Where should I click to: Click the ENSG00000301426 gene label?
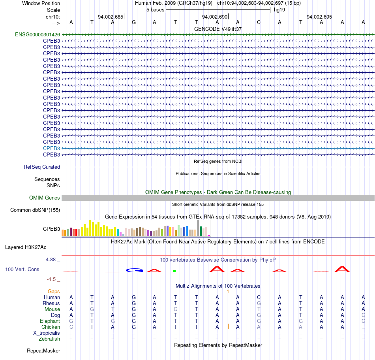pos(37,34)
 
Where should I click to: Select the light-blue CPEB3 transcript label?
pos(51,148)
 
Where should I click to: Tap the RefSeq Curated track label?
pos(42,167)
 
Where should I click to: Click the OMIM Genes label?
pos(44,198)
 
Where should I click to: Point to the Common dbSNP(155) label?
pos(35,210)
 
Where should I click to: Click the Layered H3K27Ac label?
pos(26,247)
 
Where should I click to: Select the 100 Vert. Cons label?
pos(22,269)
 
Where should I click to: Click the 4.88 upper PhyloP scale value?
pos(51,260)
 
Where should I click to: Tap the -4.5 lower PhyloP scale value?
pos(51,279)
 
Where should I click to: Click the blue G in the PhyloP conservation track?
pos(134,270)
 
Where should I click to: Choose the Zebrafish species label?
pos(49,339)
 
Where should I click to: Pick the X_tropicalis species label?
pos(47,333)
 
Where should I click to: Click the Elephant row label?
pos(50,321)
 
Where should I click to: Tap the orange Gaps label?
pos(54,291)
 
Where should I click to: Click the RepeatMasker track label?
pos(43,351)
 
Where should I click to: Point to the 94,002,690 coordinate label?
pos(215,17)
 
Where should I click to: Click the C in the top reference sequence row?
pos(259,22)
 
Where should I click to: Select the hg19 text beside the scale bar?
pos(279,10)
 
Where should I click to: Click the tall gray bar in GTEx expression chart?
pos(198,228)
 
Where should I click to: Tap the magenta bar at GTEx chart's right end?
pos(209,236)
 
